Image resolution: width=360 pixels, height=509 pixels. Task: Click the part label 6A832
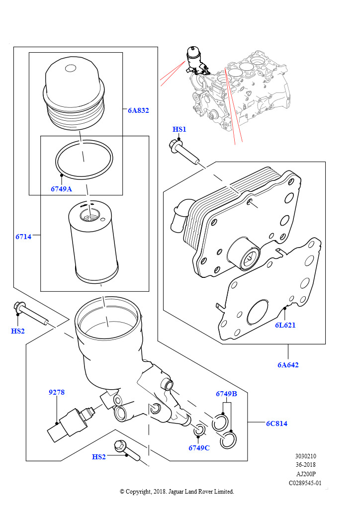coord(138,110)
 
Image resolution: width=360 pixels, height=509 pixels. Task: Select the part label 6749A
coord(61,189)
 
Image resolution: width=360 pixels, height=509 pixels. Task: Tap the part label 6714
coord(23,237)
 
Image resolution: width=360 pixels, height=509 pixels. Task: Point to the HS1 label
coord(179,129)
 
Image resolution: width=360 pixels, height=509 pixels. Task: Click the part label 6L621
coord(285,325)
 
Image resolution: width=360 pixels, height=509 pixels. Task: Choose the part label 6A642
coord(288,364)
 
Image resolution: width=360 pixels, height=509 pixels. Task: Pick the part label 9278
coord(57,392)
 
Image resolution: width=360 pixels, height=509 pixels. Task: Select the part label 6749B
coord(226,394)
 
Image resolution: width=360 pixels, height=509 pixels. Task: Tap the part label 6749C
coord(199,448)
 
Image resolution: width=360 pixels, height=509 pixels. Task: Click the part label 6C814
coord(276,424)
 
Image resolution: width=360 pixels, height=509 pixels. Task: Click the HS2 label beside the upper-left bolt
coord(17,331)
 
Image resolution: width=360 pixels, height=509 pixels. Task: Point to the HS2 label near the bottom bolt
coord(98,457)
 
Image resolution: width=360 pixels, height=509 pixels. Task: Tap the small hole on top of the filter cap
coord(71,68)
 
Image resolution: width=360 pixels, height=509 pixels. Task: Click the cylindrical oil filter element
coord(93,242)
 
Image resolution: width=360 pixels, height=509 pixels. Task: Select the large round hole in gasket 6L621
coord(258,312)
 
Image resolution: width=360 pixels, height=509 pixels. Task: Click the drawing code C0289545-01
coord(305,483)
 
